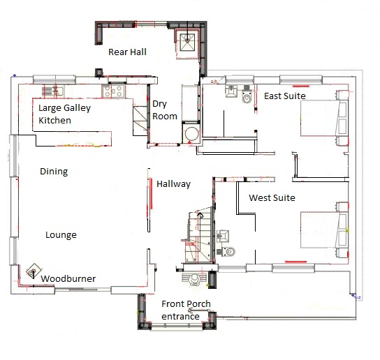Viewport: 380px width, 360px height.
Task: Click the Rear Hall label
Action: (127, 52)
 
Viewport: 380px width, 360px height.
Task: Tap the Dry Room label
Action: (165, 110)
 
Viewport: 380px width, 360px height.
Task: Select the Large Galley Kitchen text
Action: (64, 114)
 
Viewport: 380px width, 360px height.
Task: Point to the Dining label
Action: (54, 172)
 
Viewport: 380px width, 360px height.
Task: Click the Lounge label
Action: (61, 235)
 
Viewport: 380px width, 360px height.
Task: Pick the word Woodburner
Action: (68, 278)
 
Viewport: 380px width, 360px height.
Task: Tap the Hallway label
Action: (173, 184)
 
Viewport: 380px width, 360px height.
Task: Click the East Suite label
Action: (285, 96)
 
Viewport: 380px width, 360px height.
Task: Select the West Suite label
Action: (272, 198)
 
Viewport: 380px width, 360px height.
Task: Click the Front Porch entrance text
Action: (186, 310)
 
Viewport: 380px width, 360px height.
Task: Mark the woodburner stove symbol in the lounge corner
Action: (33, 271)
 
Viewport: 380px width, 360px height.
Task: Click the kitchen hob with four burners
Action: (113, 91)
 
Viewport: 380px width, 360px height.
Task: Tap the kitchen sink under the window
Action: (53, 91)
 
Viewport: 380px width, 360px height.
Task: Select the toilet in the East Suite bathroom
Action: (247, 96)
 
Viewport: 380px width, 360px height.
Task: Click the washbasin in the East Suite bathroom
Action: (231, 91)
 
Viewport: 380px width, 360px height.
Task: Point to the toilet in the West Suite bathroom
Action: (228, 252)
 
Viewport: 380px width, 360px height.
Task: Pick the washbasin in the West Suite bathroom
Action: (223, 236)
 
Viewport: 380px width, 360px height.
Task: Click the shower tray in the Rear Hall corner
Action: (187, 43)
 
